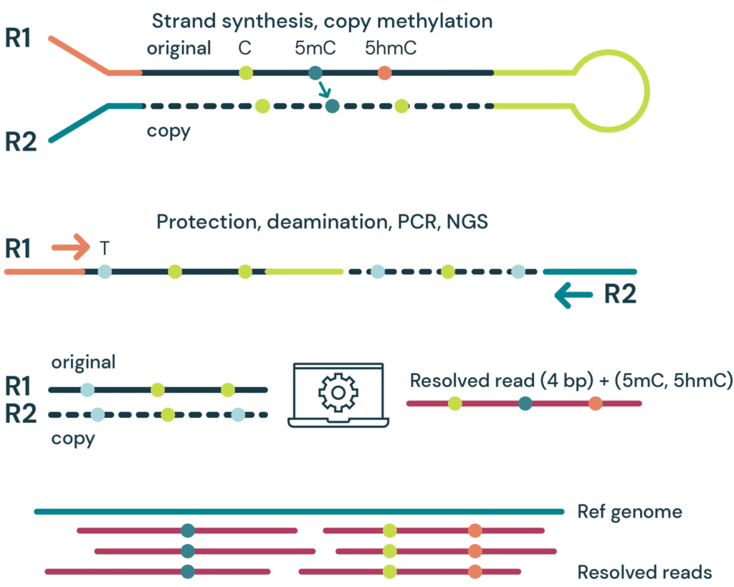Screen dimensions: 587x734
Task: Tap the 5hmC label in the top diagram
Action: (390, 49)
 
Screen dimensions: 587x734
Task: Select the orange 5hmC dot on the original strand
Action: (385, 72)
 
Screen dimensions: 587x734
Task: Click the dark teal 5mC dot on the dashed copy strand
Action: (331, 106)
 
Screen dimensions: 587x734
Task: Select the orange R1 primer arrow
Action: (70, 249)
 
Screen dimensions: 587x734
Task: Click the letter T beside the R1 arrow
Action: (104, 249)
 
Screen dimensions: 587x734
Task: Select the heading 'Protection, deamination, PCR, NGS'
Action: (322, 221)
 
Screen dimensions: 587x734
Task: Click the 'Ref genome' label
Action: (629, 512)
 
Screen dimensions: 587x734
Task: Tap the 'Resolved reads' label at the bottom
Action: (644, 572)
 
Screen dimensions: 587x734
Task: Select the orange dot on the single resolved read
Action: (596, 404)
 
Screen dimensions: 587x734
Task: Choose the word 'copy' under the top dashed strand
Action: (168, 131)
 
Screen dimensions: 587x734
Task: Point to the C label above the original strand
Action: (245, 49)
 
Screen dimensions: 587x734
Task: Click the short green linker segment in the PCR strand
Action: (304, 272)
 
